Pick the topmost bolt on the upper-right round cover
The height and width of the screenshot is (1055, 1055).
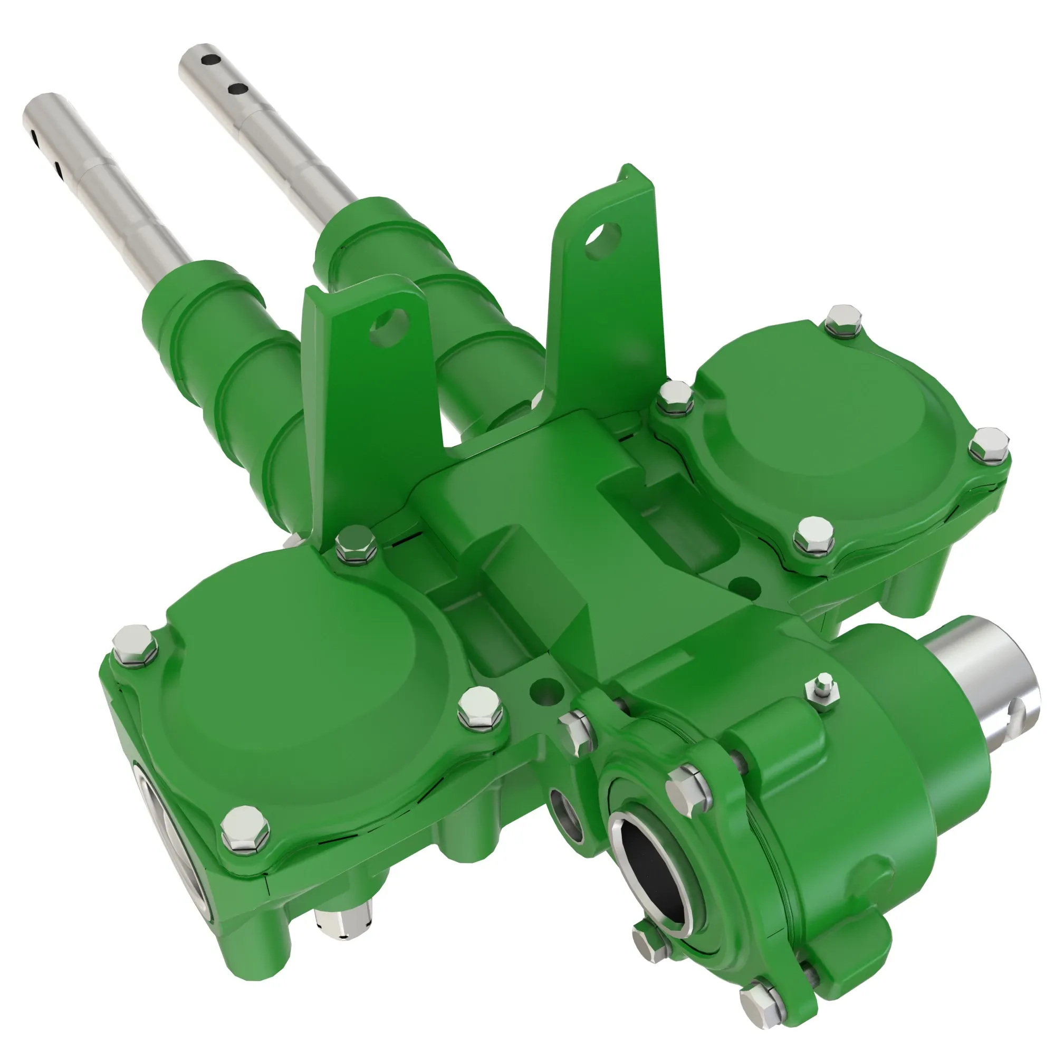[x=843, y=320]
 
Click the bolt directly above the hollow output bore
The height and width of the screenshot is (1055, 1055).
[x=688, y=790]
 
